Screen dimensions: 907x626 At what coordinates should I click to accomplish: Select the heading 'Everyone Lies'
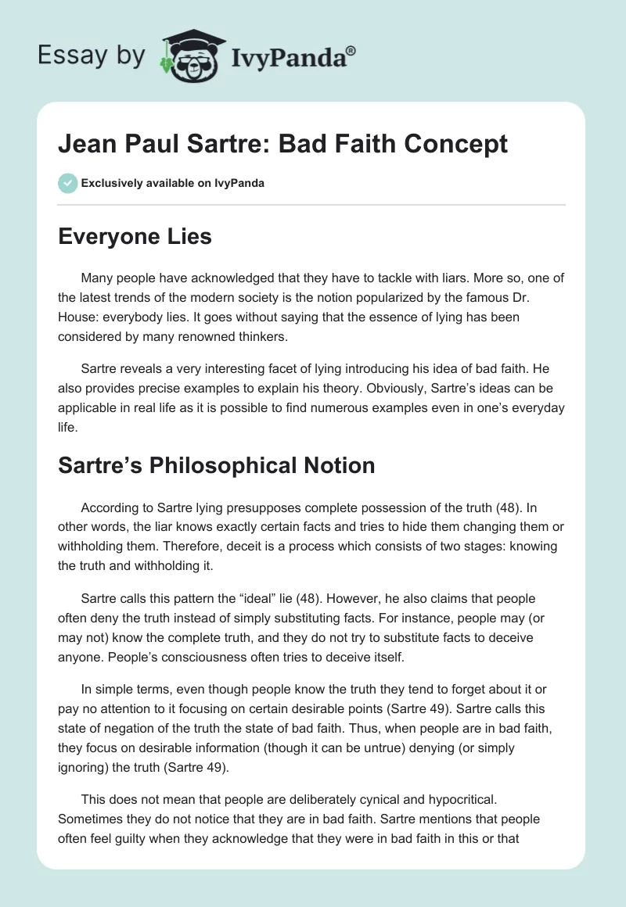[135, 236]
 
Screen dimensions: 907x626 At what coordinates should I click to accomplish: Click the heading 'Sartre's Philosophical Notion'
[217, 465]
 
